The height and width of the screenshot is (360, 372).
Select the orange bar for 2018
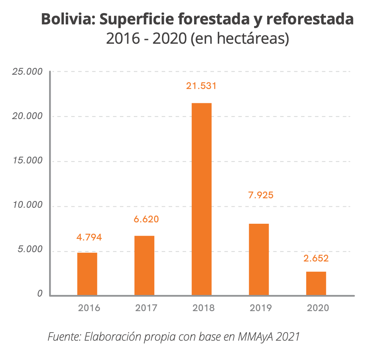click(x=201, y=199)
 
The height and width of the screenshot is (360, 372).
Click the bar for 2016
click(x=87, y=274)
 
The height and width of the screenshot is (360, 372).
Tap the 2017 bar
click(x=144, y=265)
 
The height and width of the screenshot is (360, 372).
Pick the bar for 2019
click(x=259, y=259)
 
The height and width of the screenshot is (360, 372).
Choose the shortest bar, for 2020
click(x=316, y=283)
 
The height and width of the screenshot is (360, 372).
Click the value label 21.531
click(x=201, y=86)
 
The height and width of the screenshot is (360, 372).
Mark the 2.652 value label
click(x=316, y=259)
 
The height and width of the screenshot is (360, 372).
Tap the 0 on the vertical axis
click(x=40, y=294)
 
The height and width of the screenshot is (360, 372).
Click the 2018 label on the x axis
click(x=203, y=308)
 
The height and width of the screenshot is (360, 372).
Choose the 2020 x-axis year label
click(x=318, y=308)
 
